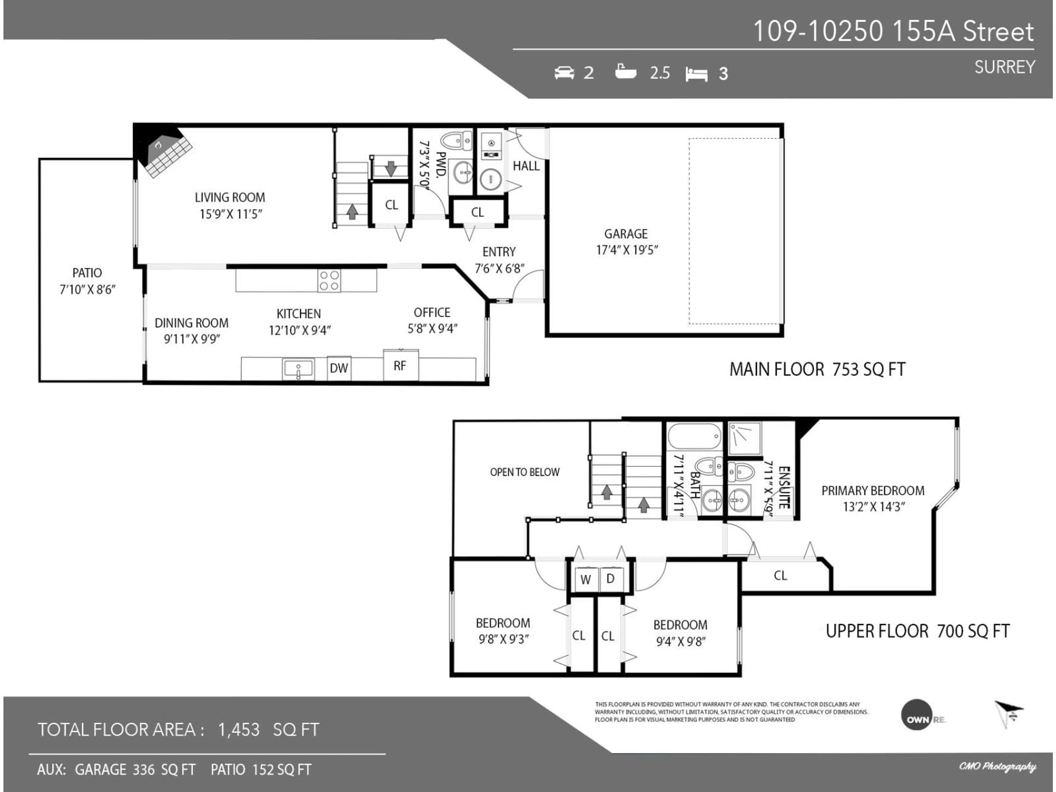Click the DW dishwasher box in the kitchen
click(x=339, y=368)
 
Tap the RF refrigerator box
click(x=400, y=366)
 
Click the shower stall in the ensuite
click(x=745, y=438)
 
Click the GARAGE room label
click(x=626, y=234)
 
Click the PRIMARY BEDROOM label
click(x=873, y=491)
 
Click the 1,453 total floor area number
click(x=239, y=730)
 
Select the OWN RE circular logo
click(x=916, y=715)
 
